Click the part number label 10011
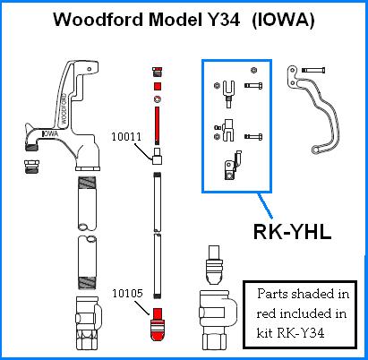[126, 140]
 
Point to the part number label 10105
[126, 293]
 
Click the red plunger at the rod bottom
[158, 326]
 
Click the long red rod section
[158, 125]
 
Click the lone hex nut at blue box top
[253, 70]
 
